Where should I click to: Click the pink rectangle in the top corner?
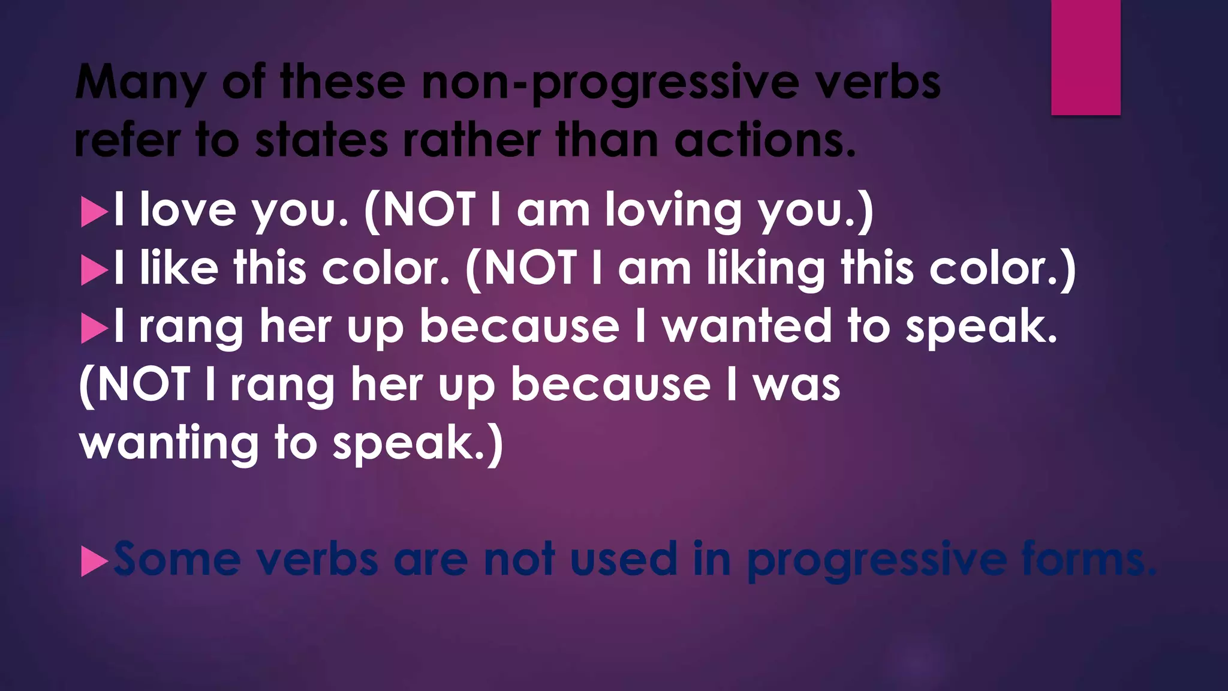click(x=1085, y=57)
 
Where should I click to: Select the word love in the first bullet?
click(x=188, y=210)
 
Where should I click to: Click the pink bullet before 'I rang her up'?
click(x=94, y=329)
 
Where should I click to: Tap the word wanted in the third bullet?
click(x=747, y=326)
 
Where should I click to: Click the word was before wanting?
click(x=797, y=385)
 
